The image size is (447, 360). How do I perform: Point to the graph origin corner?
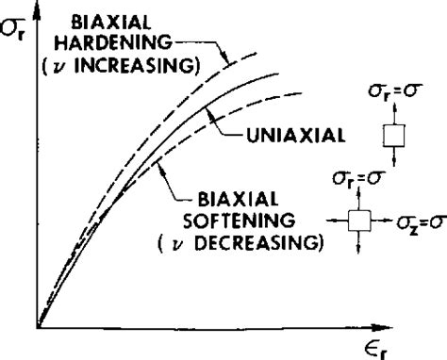38,329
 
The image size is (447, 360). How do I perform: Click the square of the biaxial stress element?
358,221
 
